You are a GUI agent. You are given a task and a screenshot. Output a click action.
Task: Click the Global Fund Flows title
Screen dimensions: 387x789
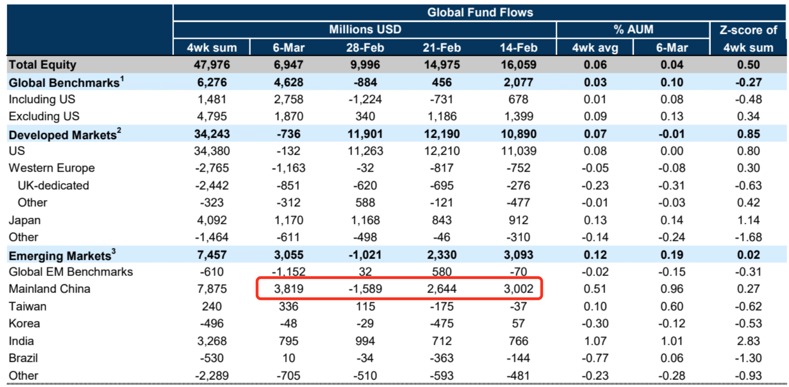pos(480,13)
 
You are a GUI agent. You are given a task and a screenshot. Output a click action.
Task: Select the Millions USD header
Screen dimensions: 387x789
pos(365,30)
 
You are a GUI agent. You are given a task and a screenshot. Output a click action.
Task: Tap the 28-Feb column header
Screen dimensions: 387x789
pos(365,48)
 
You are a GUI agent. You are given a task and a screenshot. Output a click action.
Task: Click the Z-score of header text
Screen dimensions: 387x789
pos(748,30)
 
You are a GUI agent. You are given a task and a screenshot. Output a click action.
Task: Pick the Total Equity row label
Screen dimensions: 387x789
pos(42,65)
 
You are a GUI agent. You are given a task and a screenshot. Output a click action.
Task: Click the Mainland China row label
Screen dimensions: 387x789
pos(49,289)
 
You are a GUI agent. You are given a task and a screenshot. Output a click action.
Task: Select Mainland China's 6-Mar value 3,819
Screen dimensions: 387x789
pos(288,289)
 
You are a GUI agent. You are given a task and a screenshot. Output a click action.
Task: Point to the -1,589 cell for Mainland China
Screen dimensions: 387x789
pos(365,289)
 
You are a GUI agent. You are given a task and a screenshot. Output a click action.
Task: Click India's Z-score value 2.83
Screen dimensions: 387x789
pos(748,341)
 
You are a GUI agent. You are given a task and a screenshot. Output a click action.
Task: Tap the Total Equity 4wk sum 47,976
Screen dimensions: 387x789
pos(212,65)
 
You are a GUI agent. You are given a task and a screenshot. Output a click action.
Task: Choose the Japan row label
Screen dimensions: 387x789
pos(25,220)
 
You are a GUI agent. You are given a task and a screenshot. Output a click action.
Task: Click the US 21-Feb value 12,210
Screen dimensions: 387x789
pos(441,151)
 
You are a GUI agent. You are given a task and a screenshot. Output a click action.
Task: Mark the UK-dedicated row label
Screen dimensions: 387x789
pos(53,186)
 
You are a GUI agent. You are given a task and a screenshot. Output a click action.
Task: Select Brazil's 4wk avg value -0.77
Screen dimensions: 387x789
pos(595,358)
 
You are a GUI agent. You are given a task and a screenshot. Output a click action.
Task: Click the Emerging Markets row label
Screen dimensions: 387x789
pos(60,256)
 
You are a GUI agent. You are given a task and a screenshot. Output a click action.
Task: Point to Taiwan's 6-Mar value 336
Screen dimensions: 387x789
pos(288,307)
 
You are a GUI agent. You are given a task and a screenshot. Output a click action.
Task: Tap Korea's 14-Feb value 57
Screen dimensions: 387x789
pos(518,324)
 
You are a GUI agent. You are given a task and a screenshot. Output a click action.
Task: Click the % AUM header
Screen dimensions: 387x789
pos(633,30)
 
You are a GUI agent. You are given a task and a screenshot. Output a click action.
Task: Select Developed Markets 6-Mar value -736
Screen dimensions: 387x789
pos(288,134)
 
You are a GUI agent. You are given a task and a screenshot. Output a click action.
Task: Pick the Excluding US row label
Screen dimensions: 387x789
pos(44,116)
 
